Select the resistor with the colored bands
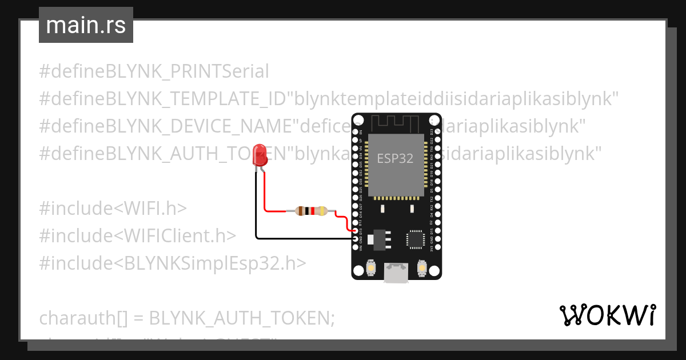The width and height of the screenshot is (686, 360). pos(310,211)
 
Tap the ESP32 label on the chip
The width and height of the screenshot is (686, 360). pos(395,158)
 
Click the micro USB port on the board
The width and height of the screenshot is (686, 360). pos(396,273)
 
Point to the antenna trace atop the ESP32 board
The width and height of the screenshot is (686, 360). pos(396,122)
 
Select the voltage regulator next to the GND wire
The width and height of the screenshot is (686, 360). pos(377,239)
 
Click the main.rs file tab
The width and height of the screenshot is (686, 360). pos(86,25)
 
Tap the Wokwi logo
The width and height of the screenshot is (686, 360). pos(607,315)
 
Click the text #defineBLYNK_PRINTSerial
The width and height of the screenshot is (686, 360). pos(154,72)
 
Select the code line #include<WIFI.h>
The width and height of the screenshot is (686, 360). pos(113,208)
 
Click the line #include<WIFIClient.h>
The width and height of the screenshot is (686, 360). pos(137,235)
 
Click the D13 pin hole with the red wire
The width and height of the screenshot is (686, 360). pos(356,230)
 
